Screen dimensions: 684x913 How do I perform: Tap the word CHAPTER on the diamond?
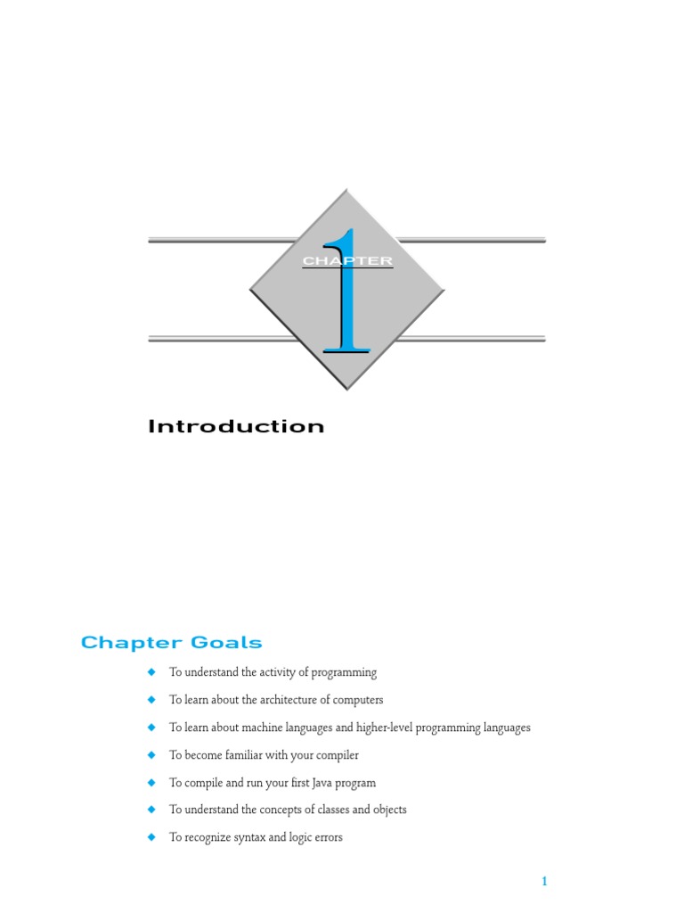[347, 261]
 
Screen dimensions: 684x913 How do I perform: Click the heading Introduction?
[236, 426]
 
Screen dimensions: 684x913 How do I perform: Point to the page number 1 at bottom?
[543, 882]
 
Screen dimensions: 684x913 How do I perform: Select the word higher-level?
[387, 728]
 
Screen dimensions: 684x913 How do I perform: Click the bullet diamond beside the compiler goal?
[151, 754]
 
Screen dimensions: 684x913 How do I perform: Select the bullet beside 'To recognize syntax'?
[151, 837]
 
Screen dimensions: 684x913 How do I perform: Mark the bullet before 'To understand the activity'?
[151, 671]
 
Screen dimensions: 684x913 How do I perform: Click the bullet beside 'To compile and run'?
[151, 782]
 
